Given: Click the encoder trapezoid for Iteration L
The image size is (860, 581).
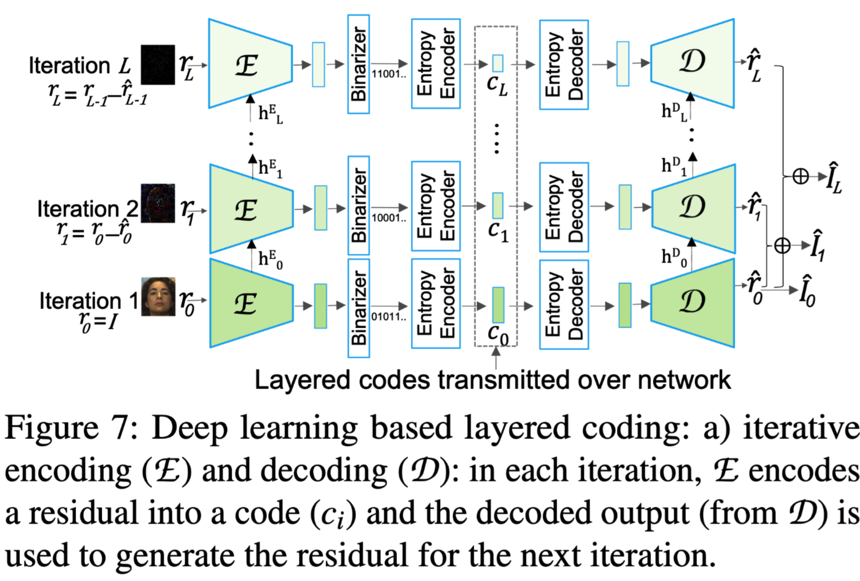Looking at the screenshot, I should coord(250,64).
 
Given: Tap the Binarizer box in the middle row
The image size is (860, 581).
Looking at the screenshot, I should coord(359,206).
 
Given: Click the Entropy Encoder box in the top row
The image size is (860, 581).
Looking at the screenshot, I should coord(436,64).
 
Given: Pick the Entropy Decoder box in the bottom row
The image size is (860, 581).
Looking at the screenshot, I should coord(564,304).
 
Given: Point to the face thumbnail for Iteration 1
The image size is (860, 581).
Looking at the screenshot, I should coord(158,296).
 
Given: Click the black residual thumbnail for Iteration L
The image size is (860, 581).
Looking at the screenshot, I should coord(158,65).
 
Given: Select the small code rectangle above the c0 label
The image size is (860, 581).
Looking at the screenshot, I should coord(498,304).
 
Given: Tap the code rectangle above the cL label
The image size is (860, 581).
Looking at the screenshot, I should coord(497,63).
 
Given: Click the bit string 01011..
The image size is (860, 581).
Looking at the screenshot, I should coord(388,317).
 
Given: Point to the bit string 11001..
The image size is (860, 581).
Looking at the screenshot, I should coord(389,74).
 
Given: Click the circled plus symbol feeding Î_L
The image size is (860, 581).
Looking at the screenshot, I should coord(800,176).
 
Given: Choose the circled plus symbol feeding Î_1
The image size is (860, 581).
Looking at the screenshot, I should coord(782,246).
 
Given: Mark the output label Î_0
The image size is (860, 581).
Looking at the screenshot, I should coord(807,292).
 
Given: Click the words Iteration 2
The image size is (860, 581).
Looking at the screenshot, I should coord(88,209).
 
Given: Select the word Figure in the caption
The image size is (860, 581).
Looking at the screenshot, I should coord(52,429).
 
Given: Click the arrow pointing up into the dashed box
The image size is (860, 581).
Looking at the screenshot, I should coord(496,357).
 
